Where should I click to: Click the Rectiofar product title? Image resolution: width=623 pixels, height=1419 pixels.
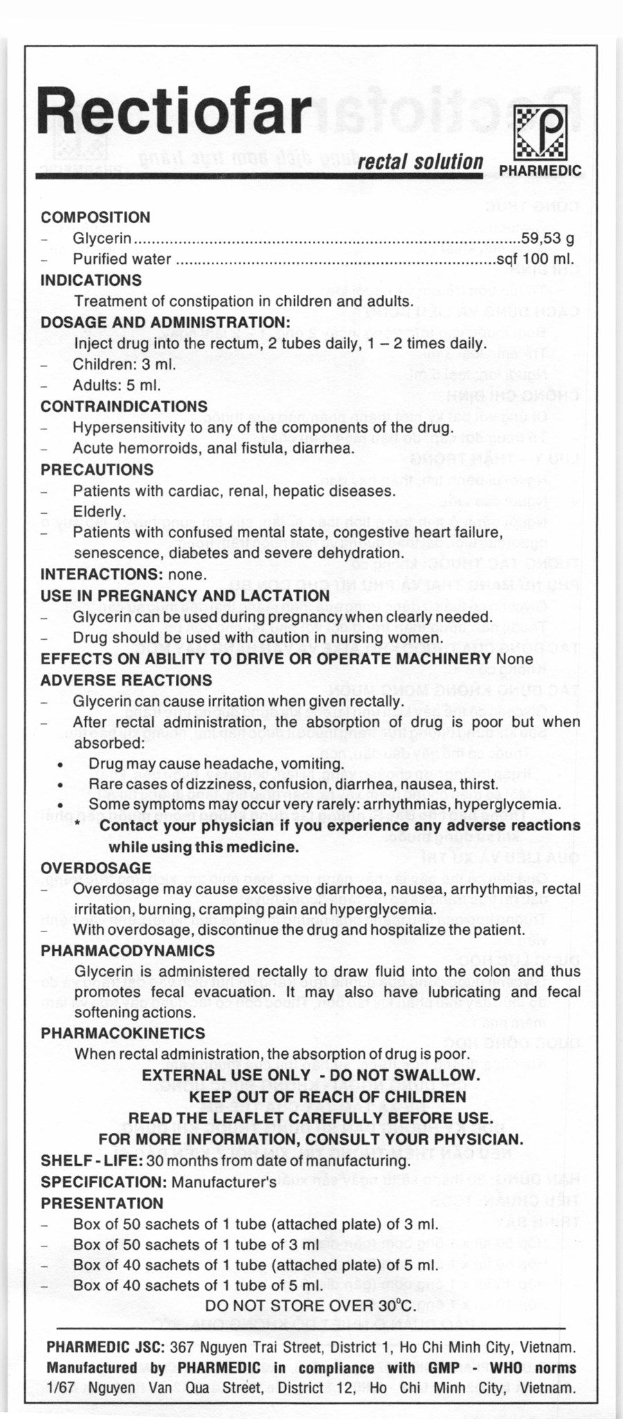pos(174,111)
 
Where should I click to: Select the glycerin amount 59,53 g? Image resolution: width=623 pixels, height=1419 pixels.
pos(548,238)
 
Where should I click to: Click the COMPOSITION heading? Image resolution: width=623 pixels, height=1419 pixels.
pos(96,217)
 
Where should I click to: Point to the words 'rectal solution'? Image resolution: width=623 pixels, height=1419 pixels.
pos(420,161)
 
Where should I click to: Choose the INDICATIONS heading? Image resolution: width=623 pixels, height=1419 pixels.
pos(91,280)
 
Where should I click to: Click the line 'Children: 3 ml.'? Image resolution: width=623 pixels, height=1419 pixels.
pos(124,364)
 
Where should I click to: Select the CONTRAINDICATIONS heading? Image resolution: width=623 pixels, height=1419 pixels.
pos(124,407)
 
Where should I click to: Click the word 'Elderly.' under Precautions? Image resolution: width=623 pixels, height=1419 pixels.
pos(100,512)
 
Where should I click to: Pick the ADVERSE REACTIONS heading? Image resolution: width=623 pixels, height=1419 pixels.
pos(126,680)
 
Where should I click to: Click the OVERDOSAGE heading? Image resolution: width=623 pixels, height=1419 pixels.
pos(96,868)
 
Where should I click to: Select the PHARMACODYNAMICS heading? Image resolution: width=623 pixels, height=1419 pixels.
pos(127,951)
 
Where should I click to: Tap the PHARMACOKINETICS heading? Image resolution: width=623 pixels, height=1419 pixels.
pos(123,1033)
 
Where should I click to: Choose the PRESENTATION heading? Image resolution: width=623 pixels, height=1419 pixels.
pos(102,1204)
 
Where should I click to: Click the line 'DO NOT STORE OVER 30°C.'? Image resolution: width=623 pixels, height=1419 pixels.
pos(311,1305)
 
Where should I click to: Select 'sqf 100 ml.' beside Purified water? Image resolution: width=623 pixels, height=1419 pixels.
pos(535,260)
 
